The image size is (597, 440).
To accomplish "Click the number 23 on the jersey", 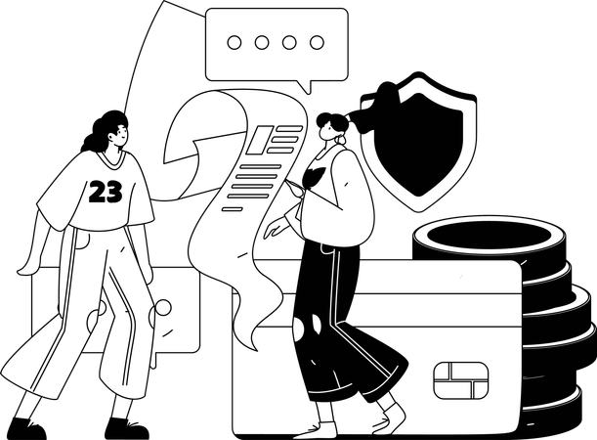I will click(106, 193).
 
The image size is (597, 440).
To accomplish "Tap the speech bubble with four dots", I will click(276, 44).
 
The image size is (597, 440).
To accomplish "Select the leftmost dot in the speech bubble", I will click(233, 43).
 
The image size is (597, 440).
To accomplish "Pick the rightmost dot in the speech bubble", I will click(318, 43).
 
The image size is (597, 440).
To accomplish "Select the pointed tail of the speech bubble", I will click(309, 86).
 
